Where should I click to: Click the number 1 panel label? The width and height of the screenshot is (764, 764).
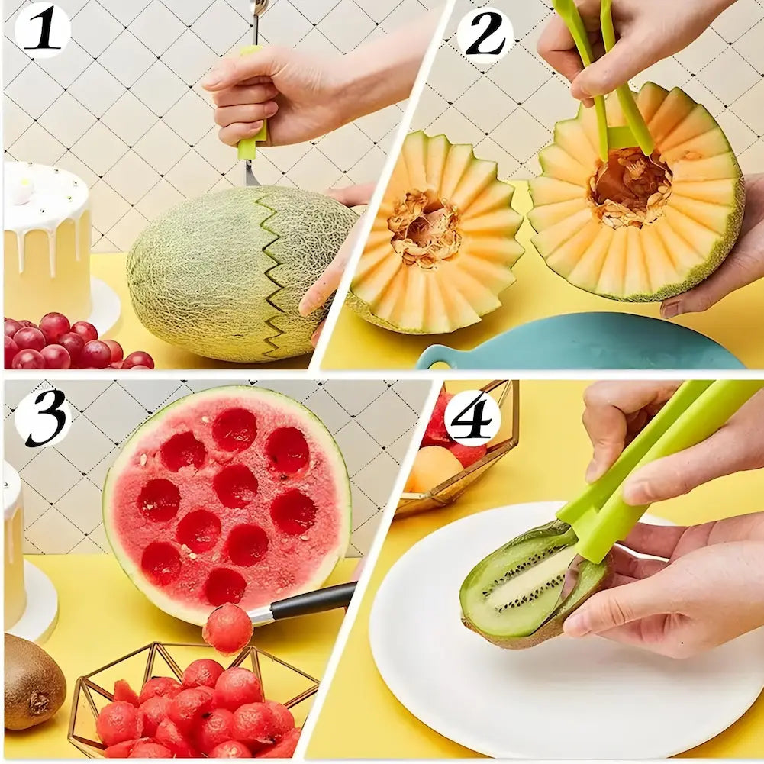point(42,31)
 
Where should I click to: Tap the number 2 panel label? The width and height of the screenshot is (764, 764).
point(485,34)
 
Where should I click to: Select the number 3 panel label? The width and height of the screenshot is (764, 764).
point(43,419)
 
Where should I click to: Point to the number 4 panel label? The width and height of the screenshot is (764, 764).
point(472,418)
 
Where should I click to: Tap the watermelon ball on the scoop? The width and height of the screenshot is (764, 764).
point(227,627)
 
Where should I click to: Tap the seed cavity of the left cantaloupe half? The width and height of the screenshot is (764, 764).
point(425,228)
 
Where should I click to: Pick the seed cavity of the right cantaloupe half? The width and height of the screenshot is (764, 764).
point(630,185)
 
